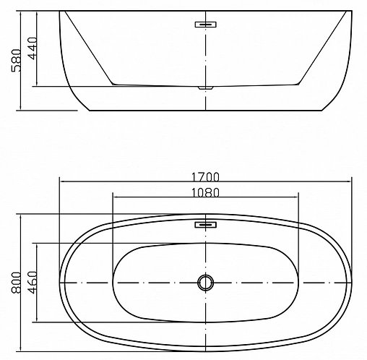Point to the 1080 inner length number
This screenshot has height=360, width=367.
pos(206,192)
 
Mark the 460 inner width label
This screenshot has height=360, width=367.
pos(32,280)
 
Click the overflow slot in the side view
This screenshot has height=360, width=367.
pos(206,25)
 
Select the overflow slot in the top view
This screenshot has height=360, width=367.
pos(206,225)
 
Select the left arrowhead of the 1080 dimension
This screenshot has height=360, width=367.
pos(116,198)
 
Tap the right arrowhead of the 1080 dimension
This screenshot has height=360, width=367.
pos(298,198)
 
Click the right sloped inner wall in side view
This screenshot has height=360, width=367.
pos(318,49)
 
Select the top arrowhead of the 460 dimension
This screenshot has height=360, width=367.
pos(38,244)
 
